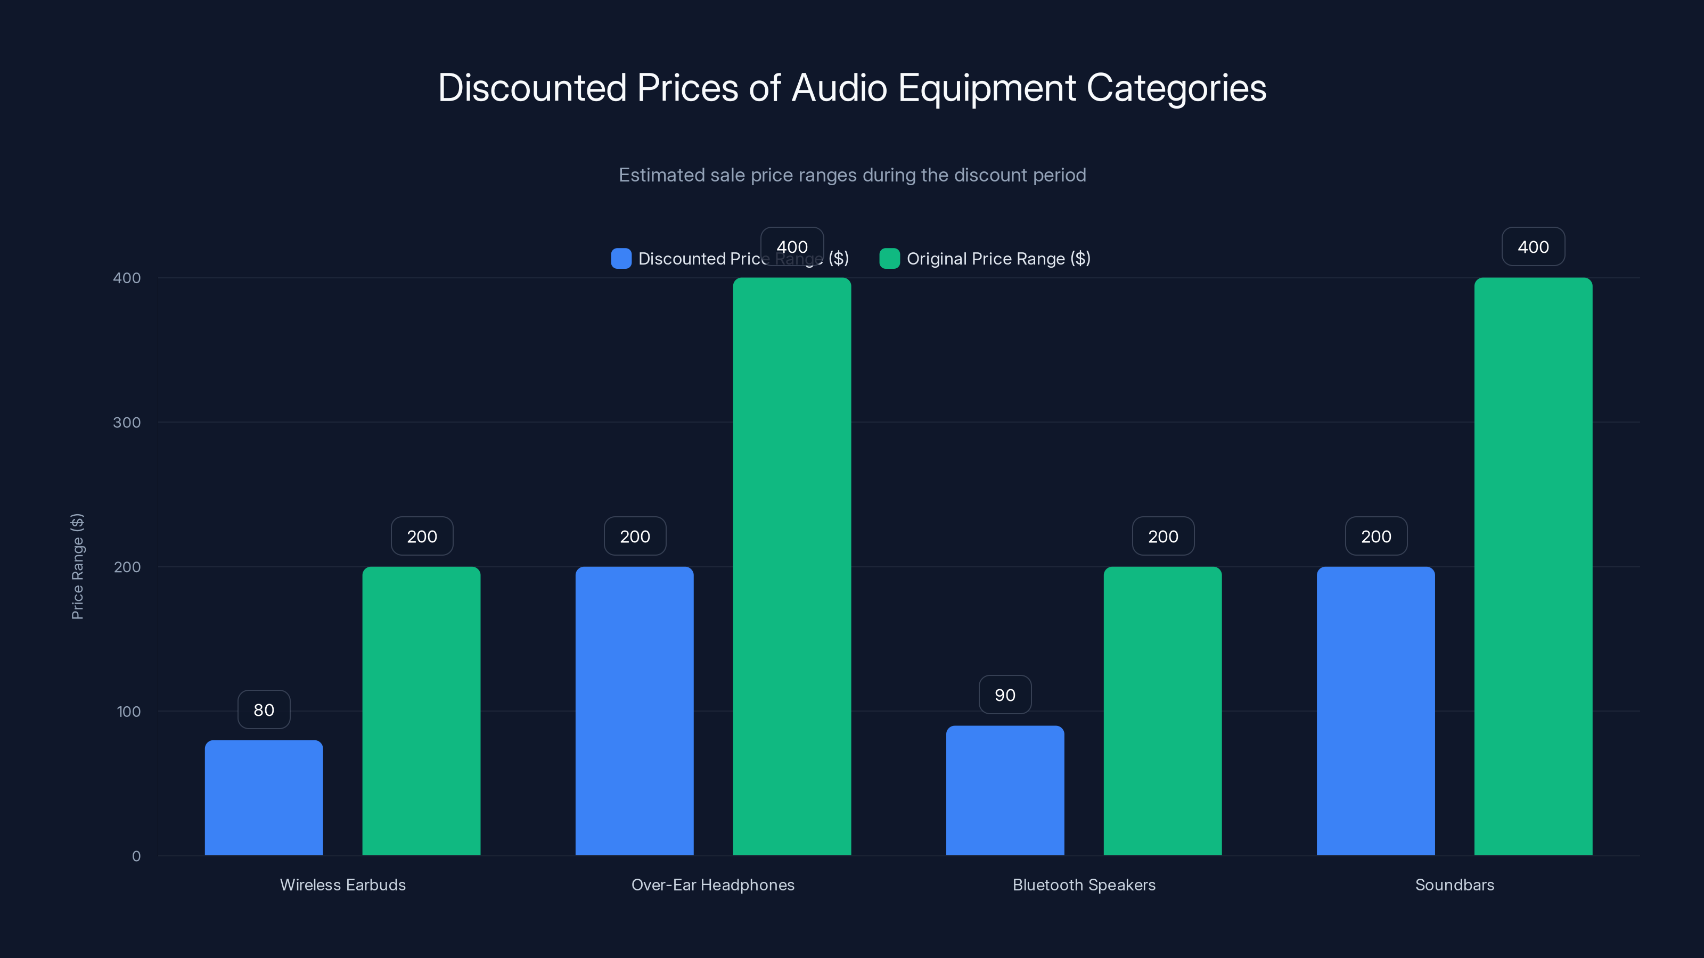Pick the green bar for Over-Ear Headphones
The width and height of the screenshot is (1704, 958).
pos(792,567)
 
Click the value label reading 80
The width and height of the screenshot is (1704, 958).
pos(264,709)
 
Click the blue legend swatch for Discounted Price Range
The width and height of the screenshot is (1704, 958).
pos(620,259)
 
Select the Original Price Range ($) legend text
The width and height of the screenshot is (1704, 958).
pos(998,259)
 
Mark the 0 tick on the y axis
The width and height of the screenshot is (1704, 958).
pos(136,856)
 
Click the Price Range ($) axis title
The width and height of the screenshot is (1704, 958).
pos(77,567)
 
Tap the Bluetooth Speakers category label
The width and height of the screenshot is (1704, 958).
pos(1084,885)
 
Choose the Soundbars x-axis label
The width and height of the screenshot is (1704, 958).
pos(1454,885)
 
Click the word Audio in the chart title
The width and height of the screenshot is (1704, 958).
pos(839,88)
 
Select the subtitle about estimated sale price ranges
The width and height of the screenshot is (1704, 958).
pos(852,175)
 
